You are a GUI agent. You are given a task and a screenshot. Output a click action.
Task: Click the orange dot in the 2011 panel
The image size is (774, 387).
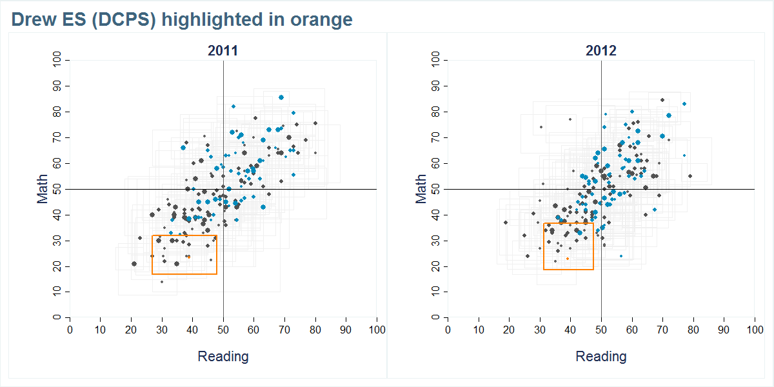pos(189,257)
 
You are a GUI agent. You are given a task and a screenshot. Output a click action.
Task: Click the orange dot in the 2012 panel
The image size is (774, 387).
pos(568,259)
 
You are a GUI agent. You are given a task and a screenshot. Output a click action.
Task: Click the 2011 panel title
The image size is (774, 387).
pos(223,51)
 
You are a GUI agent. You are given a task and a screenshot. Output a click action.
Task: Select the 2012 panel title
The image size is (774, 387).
pos(600,51)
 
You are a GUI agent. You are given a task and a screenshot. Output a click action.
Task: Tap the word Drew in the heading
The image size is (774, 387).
pos(32,20)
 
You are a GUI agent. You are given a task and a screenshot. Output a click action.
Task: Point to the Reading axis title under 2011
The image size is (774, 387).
pos(223,357)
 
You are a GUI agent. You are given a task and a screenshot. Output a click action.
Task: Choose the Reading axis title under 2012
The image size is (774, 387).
pos(600,357)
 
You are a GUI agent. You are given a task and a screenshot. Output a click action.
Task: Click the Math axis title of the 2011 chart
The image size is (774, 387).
pos(43,189)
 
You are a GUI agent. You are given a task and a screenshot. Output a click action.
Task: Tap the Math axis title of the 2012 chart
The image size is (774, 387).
pos(421,189)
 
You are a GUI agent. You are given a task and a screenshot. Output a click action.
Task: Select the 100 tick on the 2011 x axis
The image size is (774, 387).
pos(377,330)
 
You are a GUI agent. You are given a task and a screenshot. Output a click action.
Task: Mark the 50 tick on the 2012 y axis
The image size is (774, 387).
pos(435,189)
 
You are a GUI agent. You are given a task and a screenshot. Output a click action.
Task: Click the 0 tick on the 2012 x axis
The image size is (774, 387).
pos(448,330)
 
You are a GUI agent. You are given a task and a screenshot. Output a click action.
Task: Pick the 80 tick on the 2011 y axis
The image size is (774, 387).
pos(57,112)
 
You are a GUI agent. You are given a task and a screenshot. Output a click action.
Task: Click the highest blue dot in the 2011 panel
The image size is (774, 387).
pos(281,97)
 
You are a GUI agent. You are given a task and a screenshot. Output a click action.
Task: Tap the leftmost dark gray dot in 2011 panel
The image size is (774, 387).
pos(134,264)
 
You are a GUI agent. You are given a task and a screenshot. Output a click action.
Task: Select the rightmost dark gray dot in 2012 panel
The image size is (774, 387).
pos(690,176)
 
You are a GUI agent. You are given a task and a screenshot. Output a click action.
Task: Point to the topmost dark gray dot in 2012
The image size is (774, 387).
pos(662,100)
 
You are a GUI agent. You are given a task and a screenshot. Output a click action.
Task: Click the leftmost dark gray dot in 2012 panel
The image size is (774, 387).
pos(506,223)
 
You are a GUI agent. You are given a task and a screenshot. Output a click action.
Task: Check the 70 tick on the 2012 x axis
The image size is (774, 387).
pos(662,330)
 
